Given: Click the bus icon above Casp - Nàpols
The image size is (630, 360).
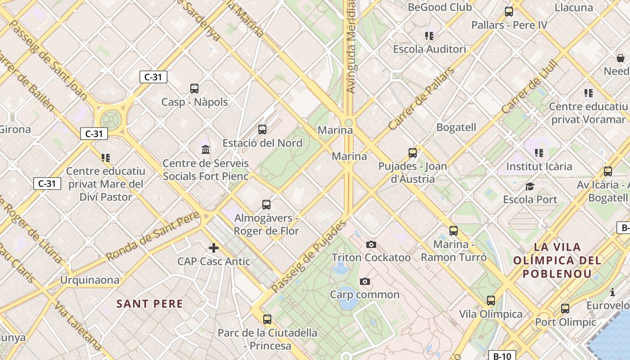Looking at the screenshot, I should [194, 89].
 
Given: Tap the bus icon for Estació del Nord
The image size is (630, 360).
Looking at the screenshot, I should [262, 130].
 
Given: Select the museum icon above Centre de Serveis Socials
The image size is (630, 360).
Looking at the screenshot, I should [206, 149].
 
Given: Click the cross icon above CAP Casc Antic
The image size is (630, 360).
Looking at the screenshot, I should [214, 247].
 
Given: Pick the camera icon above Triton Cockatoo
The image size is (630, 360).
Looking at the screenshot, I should [371, 244].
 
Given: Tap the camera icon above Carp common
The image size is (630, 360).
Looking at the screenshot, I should [365, 282].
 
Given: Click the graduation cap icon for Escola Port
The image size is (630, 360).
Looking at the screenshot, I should [530, 186].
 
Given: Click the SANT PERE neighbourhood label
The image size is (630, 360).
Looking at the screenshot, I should [150, 304].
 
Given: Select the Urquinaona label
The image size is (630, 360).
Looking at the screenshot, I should [90, 280].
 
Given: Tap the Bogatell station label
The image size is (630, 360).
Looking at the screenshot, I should [456, 127].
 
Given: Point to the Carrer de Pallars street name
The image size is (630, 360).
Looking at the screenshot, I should [421, 99].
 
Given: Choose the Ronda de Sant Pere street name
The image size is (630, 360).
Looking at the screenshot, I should [153, 236].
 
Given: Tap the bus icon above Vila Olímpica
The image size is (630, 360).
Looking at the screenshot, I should [491, 300].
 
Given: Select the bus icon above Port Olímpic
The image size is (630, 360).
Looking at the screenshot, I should [565, 309].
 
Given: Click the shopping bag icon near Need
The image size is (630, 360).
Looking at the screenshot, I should [621, 58].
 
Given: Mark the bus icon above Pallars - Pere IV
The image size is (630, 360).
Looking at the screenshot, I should [509, 12].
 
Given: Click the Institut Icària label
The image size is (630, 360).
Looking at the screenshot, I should [539, 166].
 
